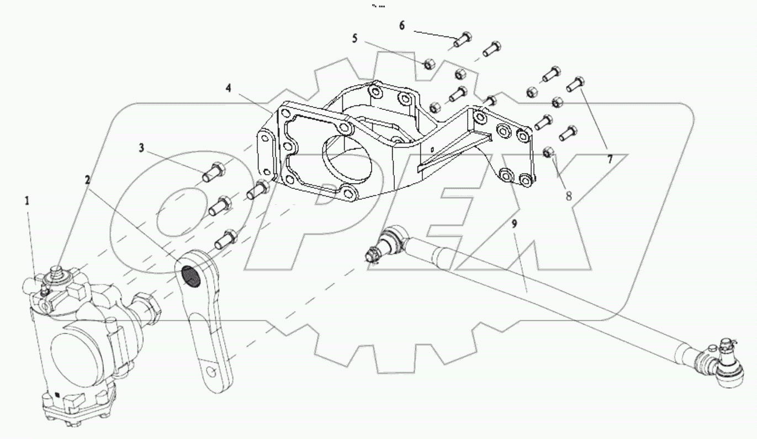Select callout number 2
87,179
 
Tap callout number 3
142,147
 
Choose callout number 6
401,25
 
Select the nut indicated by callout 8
549,152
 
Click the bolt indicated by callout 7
575,84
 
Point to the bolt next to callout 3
213,171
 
